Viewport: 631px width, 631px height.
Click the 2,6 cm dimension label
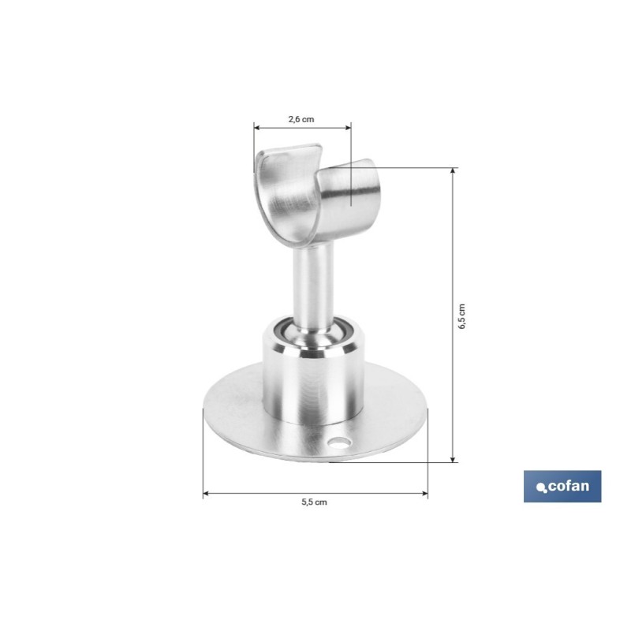coord(301,120)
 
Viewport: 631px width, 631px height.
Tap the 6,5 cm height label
coord(462,316)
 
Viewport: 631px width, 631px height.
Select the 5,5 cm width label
coord(314,502)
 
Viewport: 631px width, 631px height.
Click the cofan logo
coord(562,486)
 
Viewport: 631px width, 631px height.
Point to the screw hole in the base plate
coord(339,443)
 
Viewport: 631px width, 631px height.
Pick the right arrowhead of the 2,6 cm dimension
coord(348,128)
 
